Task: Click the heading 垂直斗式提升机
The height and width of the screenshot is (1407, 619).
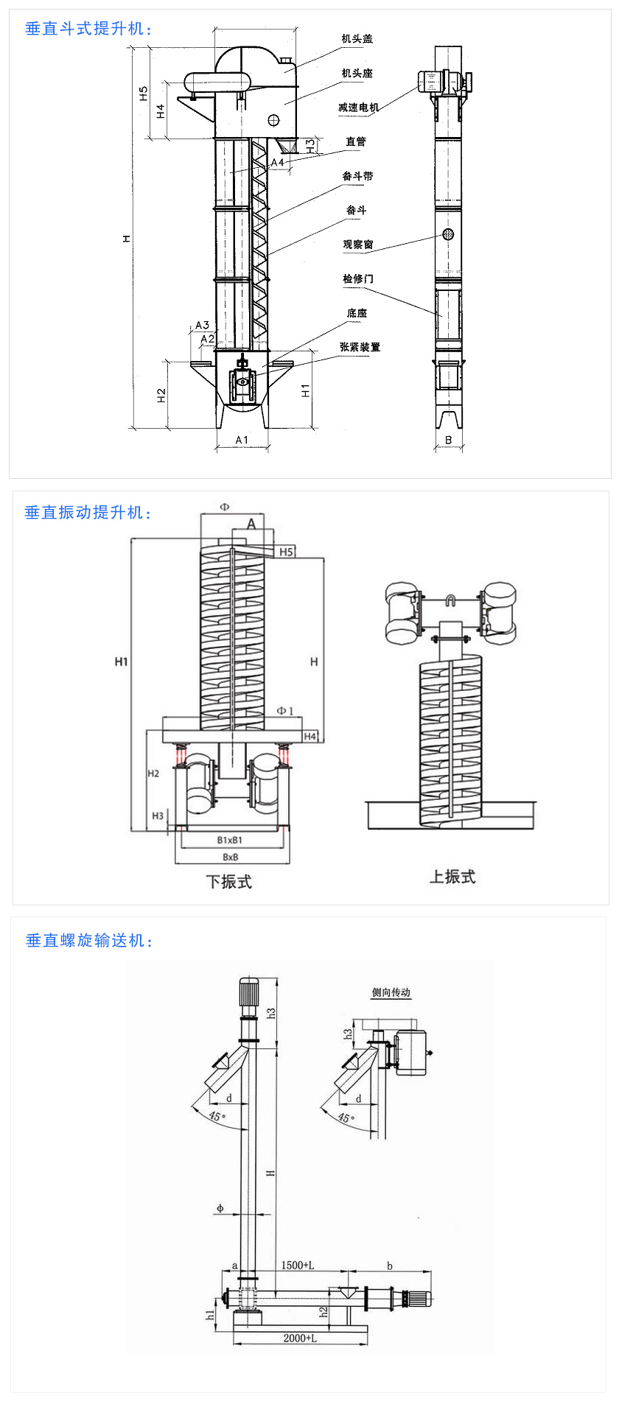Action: coord(88,29)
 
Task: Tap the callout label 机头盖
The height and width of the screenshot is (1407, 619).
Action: coord(357,39)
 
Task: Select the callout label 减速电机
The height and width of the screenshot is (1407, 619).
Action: coord(358,108)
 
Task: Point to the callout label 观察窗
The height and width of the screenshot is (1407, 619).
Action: coord(357,245)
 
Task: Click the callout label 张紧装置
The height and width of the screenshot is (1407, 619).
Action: coord(360,347)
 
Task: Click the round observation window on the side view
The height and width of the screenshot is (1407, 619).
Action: coord(447,234)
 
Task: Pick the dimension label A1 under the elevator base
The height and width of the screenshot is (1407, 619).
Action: coord(242,440)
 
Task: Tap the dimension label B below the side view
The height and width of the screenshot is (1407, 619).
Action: coord(448,440)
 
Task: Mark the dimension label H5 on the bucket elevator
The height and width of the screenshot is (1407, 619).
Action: coord(144,94)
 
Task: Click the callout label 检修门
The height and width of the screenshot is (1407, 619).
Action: coord(357,278)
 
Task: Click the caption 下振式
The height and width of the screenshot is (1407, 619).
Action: coord(228,882)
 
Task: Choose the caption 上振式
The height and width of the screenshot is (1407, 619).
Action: coord(452,877)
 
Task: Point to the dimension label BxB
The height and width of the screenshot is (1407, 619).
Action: coord(231,857)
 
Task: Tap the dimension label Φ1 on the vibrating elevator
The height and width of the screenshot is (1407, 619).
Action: coord(285,711)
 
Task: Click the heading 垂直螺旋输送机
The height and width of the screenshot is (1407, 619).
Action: coord(88,941)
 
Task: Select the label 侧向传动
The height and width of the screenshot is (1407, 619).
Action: coord(391,992)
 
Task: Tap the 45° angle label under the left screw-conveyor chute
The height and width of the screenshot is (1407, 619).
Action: coord(215,1116)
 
